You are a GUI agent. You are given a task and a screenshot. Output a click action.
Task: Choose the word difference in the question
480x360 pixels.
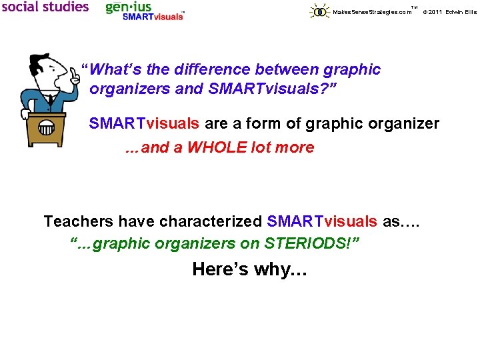point(207,69)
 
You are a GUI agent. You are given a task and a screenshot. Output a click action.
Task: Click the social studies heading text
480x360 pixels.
point(45,7)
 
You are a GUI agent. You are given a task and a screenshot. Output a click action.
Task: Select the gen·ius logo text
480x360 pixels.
point(129,7)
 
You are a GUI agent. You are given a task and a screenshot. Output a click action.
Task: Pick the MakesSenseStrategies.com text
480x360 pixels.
point(371,12)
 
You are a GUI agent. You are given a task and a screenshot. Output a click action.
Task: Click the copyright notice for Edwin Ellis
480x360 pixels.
point(450,12)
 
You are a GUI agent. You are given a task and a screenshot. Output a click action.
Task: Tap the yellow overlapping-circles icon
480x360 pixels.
point(320,11)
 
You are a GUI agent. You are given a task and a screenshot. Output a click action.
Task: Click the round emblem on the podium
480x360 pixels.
point(45,127)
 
